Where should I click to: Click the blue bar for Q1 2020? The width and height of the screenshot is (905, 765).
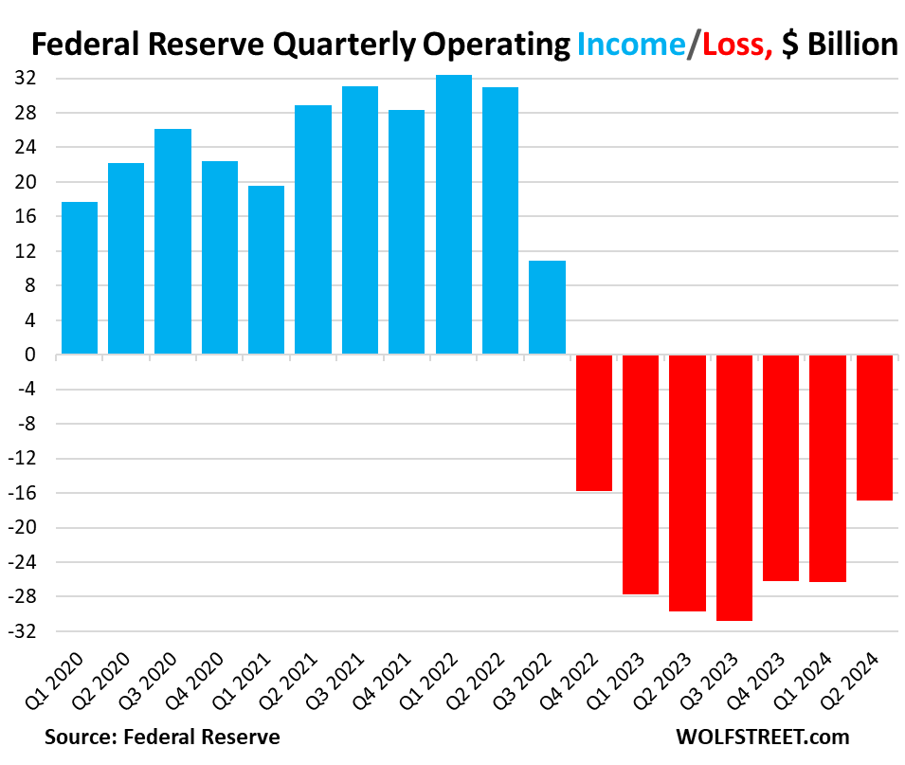coord(80,278)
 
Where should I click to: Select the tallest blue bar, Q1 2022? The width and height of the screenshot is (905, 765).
coord(454,214)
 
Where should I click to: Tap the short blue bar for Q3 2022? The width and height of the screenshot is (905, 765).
coord(548,307)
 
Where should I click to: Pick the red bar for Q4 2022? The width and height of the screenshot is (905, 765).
coord(594,423)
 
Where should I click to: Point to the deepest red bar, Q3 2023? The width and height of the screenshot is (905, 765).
coord(734,487)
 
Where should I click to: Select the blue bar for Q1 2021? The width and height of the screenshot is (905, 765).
coord(266,270)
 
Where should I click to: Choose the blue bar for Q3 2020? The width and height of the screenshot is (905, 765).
coord(173,242)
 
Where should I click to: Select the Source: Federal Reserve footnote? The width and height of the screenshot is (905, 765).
coord(162,737)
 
